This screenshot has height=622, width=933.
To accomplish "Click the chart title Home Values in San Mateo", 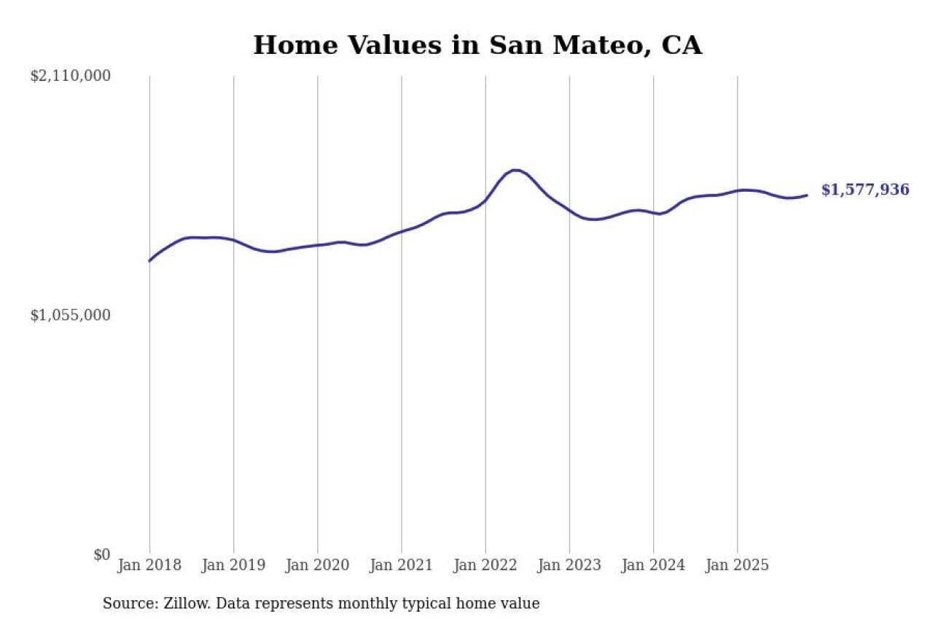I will click(x=477, y=45).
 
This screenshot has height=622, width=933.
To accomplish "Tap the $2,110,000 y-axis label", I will click(x=70, y=76).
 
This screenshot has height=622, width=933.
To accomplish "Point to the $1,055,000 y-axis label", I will click(x=70, y=315).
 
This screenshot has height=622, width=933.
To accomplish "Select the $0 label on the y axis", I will click(x=101, y=554).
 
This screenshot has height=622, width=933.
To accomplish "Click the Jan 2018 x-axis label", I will click(x=149, y=565).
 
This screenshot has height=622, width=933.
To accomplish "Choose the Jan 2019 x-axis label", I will click(x=233, y=565).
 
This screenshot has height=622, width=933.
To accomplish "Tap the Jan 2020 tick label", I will click(x=317, y=565).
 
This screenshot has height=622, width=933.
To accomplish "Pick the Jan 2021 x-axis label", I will click(x=401, y=565).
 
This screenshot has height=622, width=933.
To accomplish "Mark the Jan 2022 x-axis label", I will click(x=485, y=565).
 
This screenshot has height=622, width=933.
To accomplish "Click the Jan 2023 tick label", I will click(x=569, y=565).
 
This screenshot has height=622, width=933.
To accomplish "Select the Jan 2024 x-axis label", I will click(x=653, y=565).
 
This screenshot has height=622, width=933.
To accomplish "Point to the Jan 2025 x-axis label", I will click(x=737, y=565).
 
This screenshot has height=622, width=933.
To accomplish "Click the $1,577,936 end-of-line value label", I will click(x=865, y=190).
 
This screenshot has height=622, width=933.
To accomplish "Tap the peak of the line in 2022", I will click(x=515, y=170).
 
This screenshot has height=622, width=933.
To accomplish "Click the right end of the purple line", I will click(x=807, y=195).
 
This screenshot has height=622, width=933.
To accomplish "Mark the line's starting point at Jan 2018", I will click(x=149, y=260).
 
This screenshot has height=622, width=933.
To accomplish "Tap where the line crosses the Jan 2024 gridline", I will click(x=653, y=213).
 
